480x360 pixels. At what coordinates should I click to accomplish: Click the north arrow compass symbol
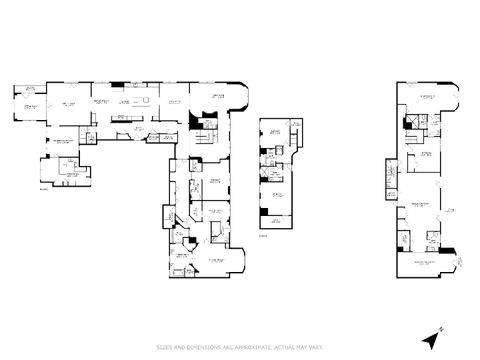point(432,339)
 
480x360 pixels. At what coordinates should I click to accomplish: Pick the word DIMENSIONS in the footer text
point(199,346)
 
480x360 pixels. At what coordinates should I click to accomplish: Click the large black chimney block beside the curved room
point(194,118)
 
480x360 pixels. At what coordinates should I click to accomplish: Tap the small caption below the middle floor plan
point(262,236)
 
